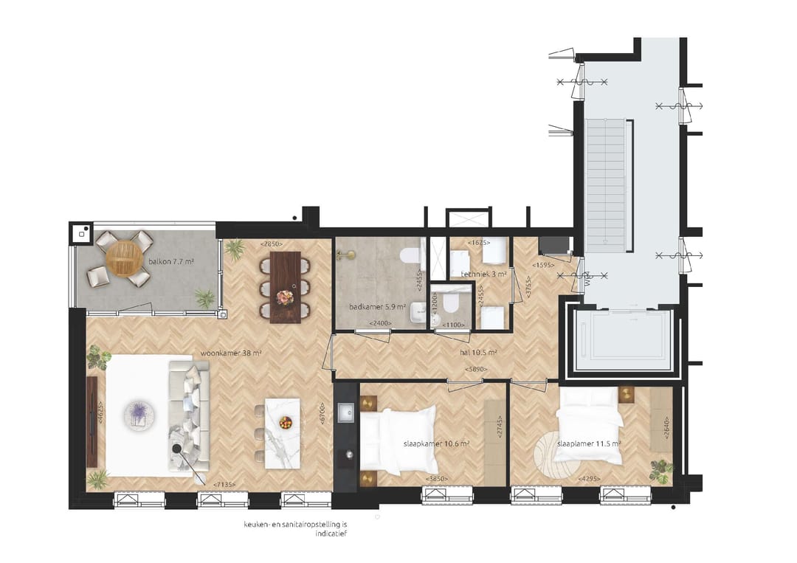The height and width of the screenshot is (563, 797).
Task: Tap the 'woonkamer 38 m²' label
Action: pos(231,353)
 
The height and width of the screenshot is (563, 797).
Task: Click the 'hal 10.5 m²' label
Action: pos(478,353)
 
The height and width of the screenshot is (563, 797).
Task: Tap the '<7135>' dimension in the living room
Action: pos(226,484)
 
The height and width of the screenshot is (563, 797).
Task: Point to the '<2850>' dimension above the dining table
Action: pos(272,244)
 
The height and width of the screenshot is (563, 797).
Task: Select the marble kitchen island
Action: pos(283,434)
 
